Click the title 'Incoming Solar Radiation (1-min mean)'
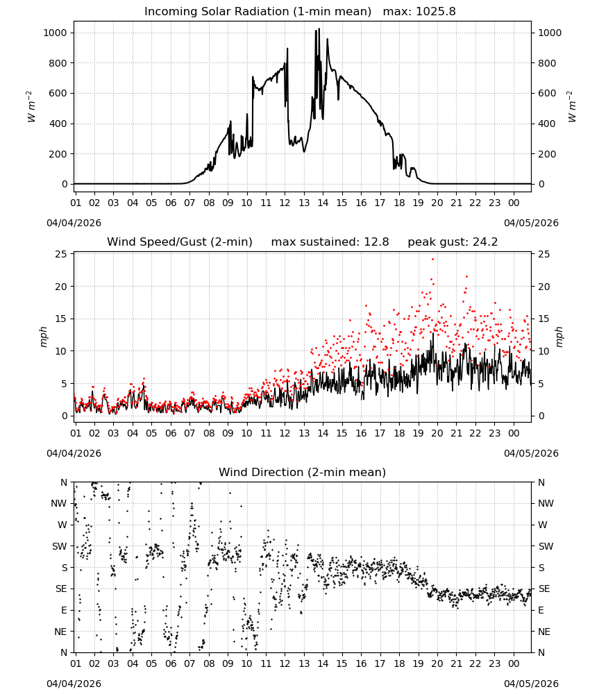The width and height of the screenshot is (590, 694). [x=258, y=12]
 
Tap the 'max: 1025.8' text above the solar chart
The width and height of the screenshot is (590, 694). [x=419, y=12]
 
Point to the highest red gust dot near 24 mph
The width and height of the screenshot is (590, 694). [x=432, y=260]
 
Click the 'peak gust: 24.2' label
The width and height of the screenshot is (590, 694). [x=453, y=242]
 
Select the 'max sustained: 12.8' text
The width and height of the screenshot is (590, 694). [x=330, y=242]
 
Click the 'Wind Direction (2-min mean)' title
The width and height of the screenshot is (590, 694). [x=303, y=472]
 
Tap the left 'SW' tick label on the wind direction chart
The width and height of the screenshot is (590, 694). [x=60, y=546]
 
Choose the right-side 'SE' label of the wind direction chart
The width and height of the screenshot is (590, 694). [x=544, y=589]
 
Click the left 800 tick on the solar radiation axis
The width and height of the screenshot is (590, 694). [x=58, y=63]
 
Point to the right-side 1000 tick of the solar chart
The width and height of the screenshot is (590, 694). [x=550, y=33]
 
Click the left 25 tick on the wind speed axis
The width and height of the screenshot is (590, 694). [x=61, y=254]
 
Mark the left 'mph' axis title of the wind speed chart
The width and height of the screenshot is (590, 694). [x=43, y=337]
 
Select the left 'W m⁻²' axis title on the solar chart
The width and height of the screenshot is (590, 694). [x=30, y=106]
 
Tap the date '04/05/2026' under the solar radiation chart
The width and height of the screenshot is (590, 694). [x=531, y=223]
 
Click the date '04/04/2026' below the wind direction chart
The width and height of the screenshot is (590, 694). [x=74, y=684]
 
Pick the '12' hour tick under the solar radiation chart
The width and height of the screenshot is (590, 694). [x=285, y=203]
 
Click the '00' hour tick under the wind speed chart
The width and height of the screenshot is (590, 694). [x=514, y=433]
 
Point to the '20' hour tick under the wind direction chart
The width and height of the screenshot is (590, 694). [x=437, y=663]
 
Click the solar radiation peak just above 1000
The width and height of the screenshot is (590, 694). [x=319, y=29]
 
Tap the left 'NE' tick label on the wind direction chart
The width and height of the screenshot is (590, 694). [x=60, y=632]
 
